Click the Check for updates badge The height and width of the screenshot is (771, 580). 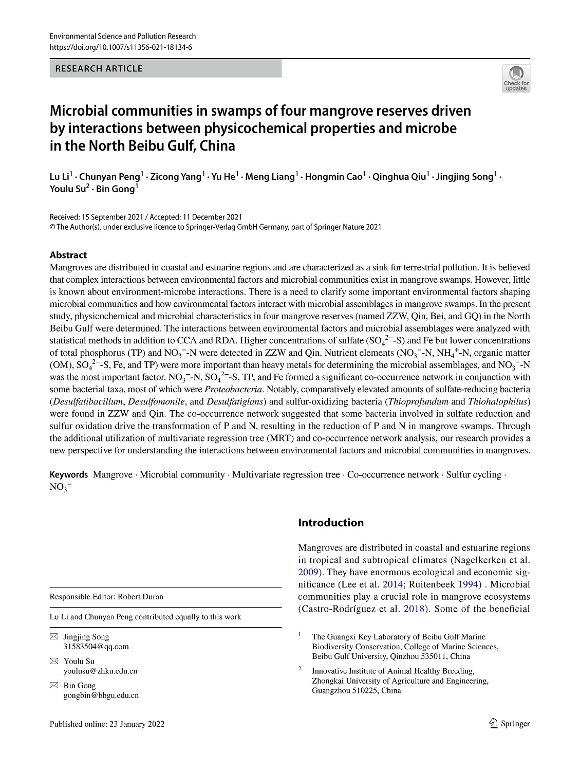[x=516, y=78]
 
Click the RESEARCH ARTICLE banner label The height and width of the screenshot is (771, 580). [x=99, y=68]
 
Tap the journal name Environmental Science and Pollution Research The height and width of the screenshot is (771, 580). [x=123, y=36]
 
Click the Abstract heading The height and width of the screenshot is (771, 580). [x=68, y=255]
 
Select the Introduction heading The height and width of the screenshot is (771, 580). [x=331, y=523]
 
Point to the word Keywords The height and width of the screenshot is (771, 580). [x=69, y=475]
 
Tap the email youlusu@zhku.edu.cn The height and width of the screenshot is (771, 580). [x=100, y=671]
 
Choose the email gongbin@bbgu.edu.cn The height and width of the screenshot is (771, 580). [x=101, y=695]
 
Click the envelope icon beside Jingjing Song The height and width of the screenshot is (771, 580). [x=54, y=637]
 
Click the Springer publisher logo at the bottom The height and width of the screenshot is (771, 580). [x=509, y=723]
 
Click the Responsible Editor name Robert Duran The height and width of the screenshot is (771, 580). [x=141, y=597]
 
